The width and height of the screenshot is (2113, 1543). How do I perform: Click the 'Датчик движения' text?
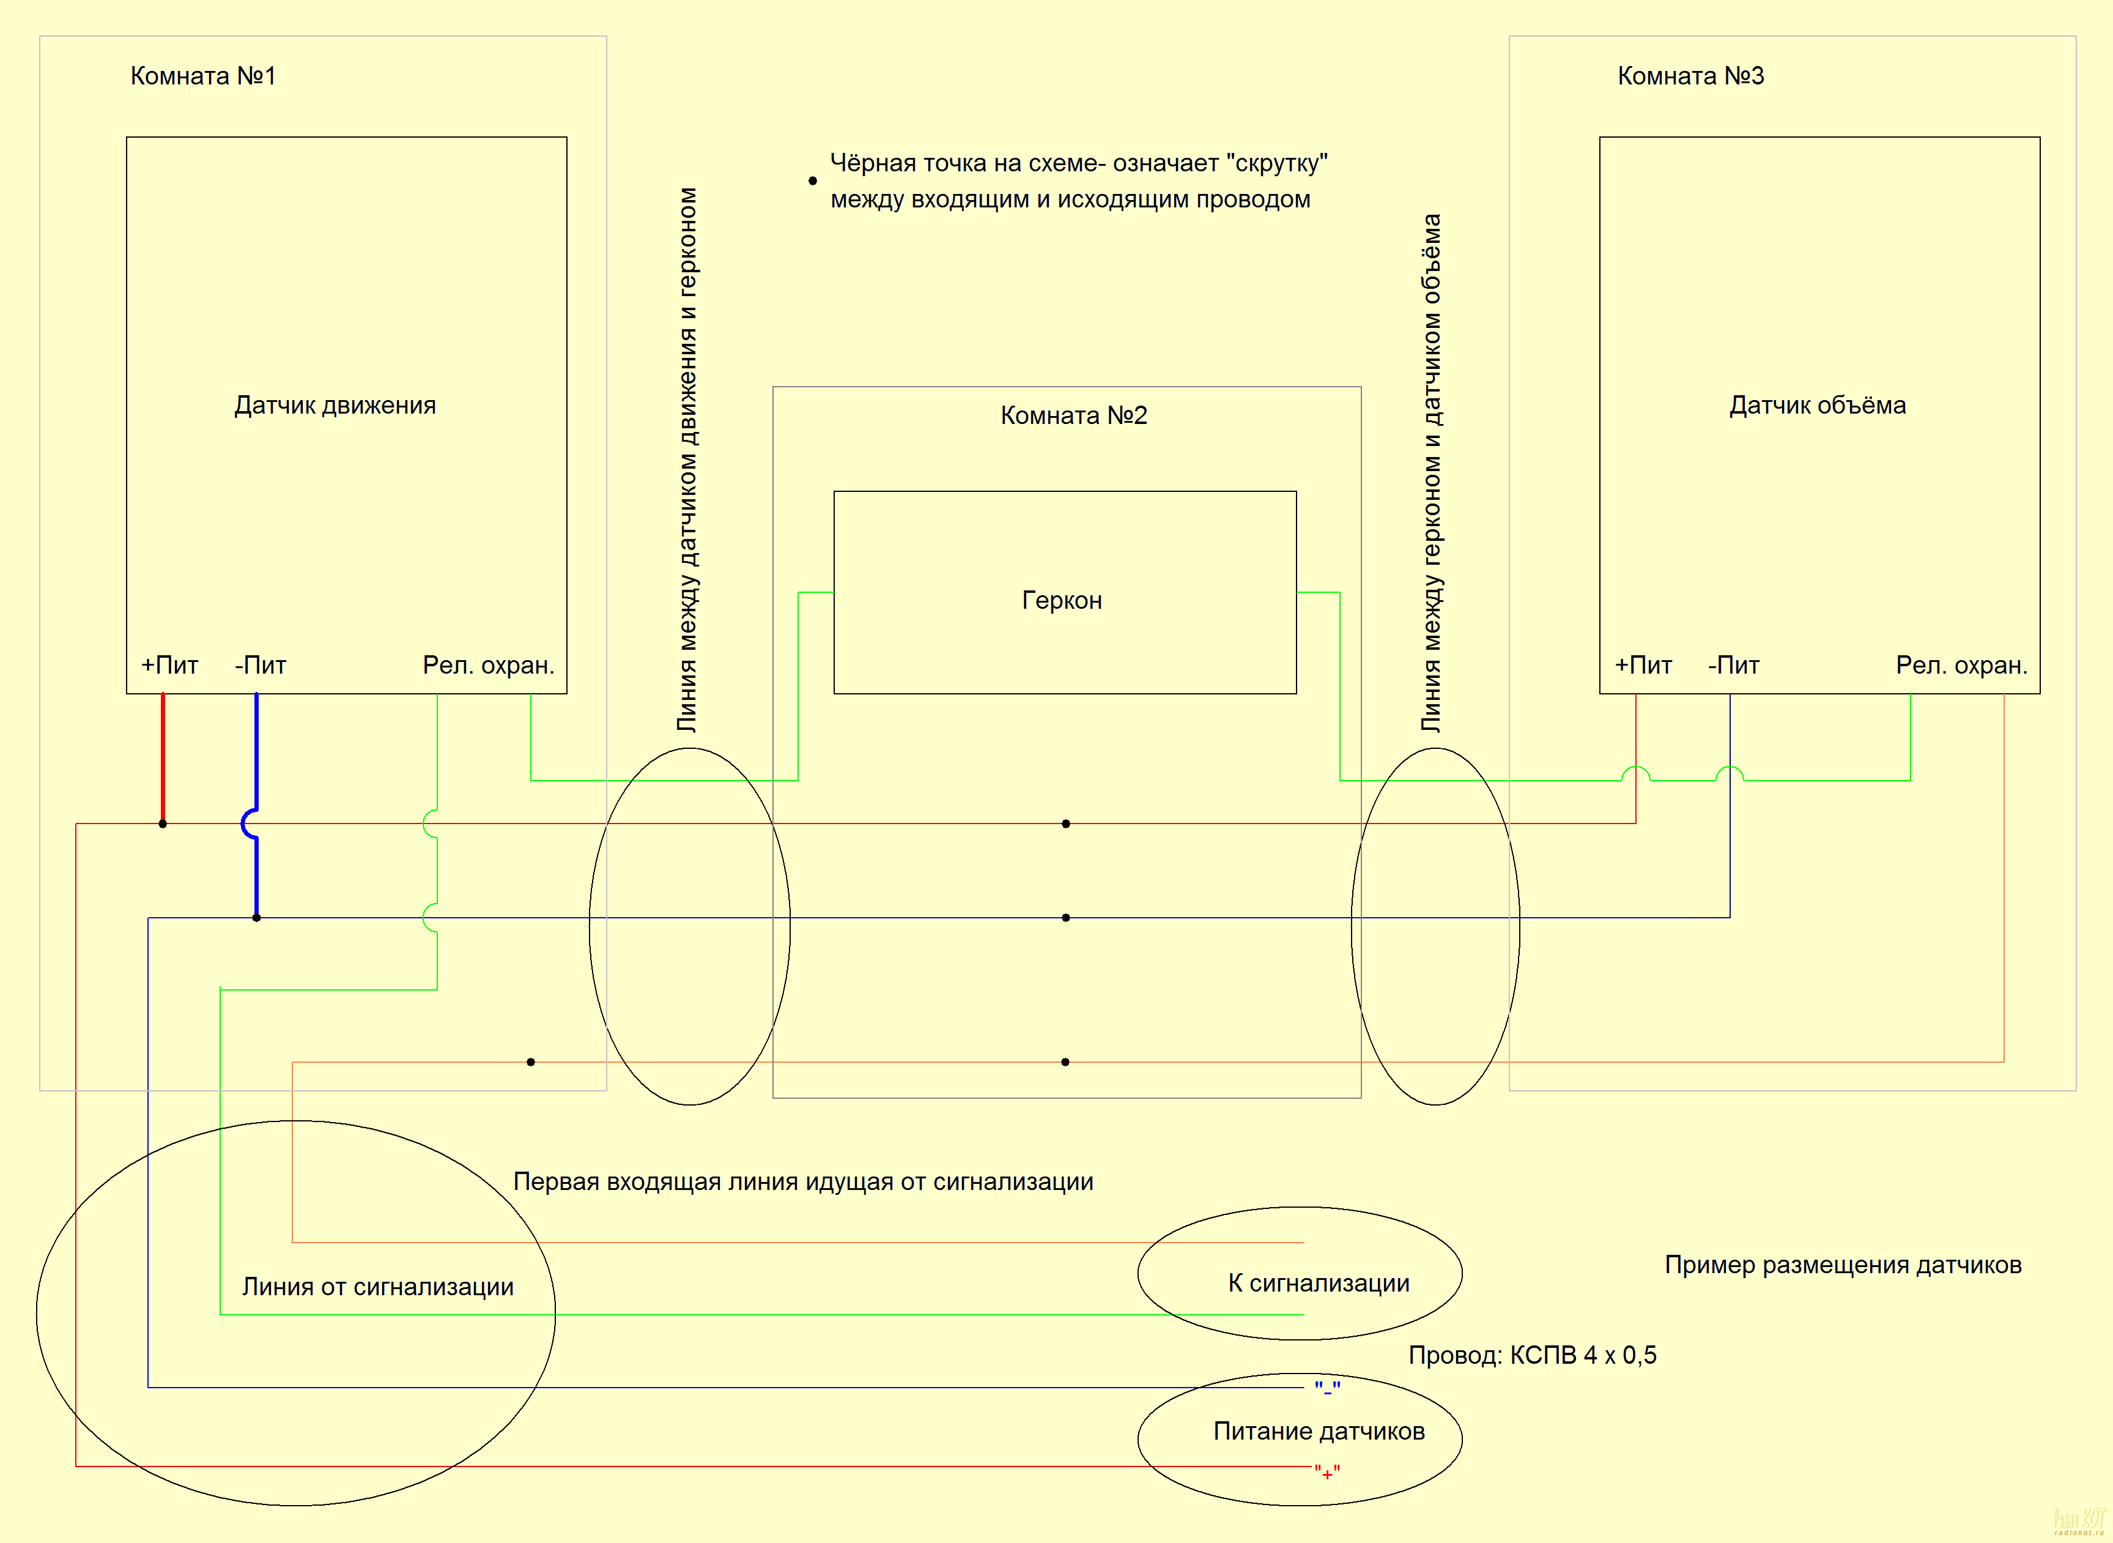point(335,406)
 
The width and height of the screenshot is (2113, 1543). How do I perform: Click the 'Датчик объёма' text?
point(1817,406)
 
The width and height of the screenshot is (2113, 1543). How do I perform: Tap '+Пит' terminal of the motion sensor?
point(169,665)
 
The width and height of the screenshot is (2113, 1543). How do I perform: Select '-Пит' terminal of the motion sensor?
point(261,665)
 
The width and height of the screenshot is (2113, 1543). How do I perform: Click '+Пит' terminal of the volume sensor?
point(1643,665)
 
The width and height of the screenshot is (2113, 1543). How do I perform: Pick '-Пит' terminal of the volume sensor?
point(1734,665)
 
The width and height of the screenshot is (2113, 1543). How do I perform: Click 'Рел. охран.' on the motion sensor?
point(488,665)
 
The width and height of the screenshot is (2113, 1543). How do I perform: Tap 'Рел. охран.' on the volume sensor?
point(1961,665)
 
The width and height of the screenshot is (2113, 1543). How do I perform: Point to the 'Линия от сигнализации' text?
point(377,1287)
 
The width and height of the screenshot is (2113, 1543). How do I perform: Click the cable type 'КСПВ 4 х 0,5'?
point(1583,1355)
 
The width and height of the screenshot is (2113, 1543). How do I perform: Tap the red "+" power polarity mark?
point(1327,1473)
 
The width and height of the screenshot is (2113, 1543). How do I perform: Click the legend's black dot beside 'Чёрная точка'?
point(812,181)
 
